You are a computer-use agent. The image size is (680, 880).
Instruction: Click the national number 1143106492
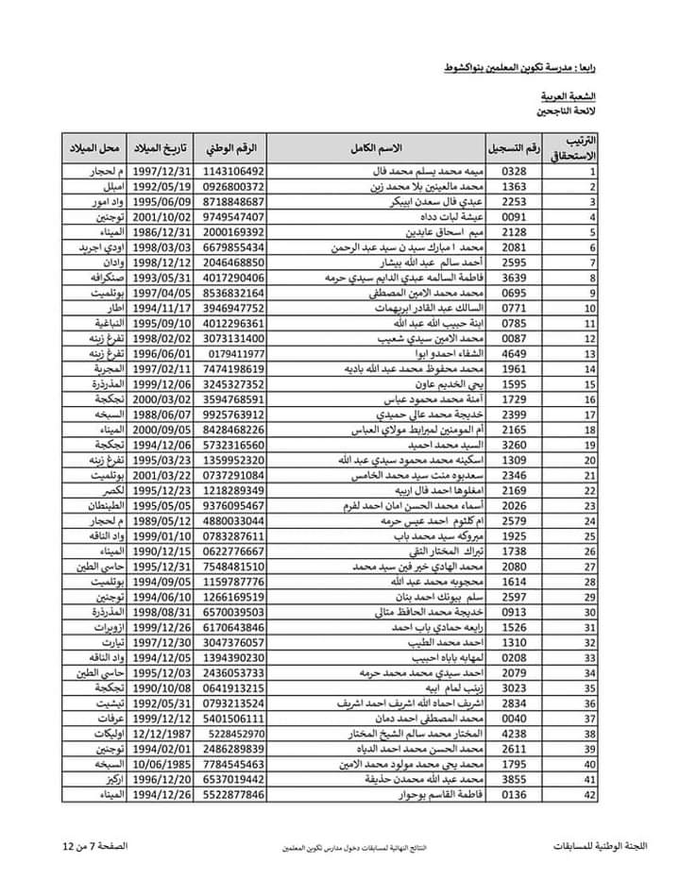click(233, 173)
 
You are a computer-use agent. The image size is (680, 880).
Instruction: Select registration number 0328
click(513, 173)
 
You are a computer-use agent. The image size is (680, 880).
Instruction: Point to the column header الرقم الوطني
click(233, 149)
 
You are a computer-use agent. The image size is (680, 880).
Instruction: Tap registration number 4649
click(513, 354)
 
